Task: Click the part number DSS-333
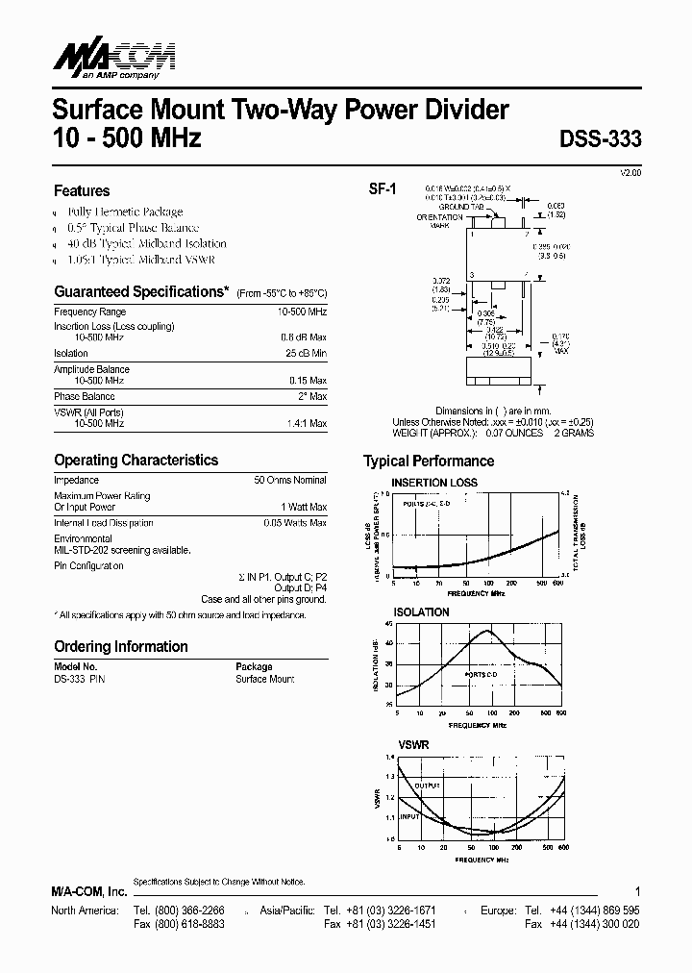click(600, 138)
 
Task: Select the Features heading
click(82, 191)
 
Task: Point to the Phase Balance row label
click(85, 396)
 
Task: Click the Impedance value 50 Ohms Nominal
click(289, 480)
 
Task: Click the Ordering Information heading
click(121, 647)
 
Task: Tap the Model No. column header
click(76, 666)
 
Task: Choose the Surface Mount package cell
click(264, 679)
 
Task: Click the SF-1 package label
click(383, 189)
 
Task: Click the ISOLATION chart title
click(421, 611)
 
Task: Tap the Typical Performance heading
click(429, 462)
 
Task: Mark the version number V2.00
click(629, 171)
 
